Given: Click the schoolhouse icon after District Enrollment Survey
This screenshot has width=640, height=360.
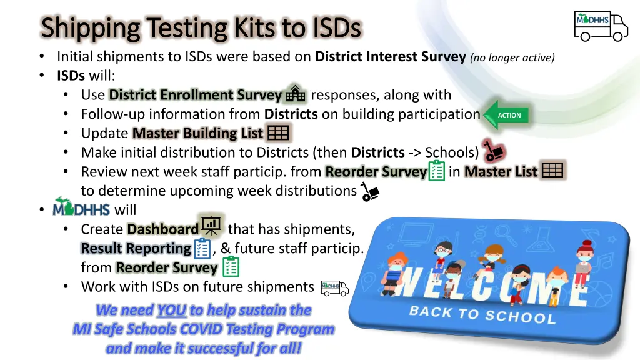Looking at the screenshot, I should click(x=295, y=94).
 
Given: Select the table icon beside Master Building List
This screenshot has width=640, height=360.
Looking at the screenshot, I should click(x=277, y=133).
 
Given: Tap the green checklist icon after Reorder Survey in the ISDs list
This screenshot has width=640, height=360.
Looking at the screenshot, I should click(x=437, y=171).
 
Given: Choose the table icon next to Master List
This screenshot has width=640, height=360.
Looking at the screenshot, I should click(x=552, y=171).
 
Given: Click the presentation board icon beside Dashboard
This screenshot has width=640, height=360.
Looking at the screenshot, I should click(x=211, y=227).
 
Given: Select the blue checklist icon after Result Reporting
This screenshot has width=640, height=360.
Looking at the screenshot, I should click(x=202, y=249).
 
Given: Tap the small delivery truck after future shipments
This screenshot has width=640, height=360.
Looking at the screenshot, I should click(x=334, y=287).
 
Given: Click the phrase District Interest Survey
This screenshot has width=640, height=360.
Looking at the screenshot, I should click(x=391, y=57).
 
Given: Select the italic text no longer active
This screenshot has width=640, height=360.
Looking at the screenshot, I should click(x=513, y=57).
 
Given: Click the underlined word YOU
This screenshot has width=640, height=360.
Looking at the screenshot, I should click(x=171, y=310).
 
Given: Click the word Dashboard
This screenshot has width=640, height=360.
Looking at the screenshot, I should click(x=162, y=229).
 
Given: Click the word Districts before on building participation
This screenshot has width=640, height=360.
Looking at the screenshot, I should click(x=291, y=114).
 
